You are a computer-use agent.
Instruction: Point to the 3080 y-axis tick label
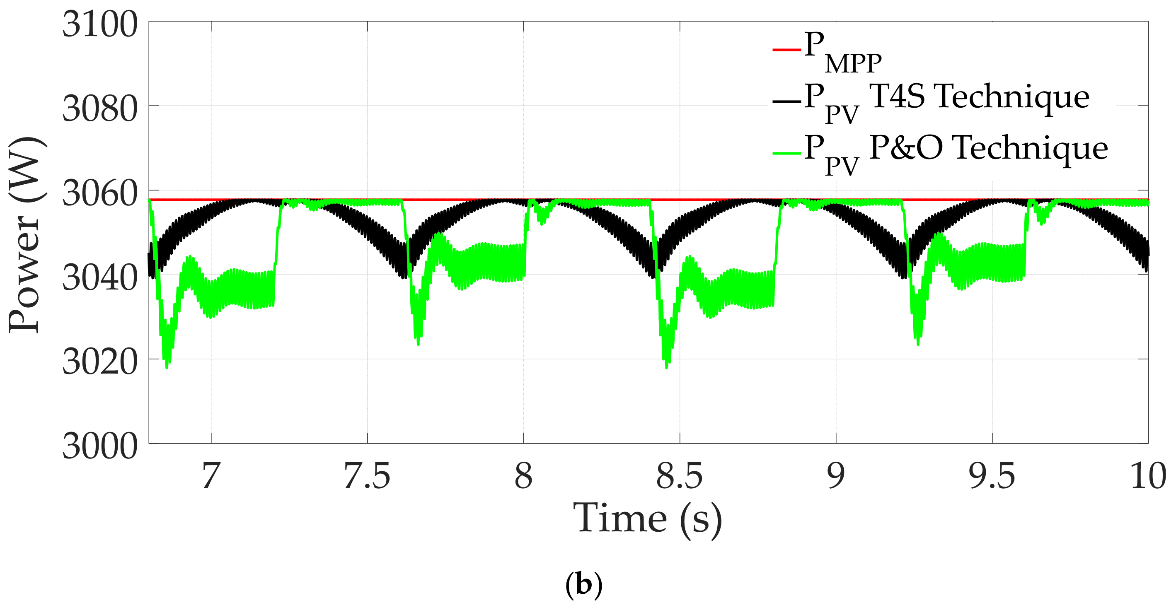coord(99,109)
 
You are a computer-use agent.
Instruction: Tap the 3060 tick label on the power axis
coord(99,193)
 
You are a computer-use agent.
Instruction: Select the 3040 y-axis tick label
coord(99,278)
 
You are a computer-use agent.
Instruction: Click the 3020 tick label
coord(99,362)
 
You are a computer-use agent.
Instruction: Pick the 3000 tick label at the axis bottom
coord(99,446)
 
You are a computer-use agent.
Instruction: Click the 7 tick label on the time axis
coord(211,476)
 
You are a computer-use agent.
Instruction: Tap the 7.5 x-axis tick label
coord(367,476)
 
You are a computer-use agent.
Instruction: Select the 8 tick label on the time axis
coord(523,476)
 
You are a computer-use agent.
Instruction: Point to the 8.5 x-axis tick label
coord(679,476)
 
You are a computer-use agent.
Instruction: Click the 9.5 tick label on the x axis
coord(992,476)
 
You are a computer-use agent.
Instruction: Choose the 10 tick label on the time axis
coord(1148,476)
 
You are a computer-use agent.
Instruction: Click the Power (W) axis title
coord(27,234)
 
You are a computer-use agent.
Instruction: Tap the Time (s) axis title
coord(647,519)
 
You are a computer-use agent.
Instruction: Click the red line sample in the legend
coord(786,49)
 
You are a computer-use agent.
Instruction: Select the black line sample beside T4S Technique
coord(786,101)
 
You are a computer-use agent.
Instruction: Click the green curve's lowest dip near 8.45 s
coord(667,365)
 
